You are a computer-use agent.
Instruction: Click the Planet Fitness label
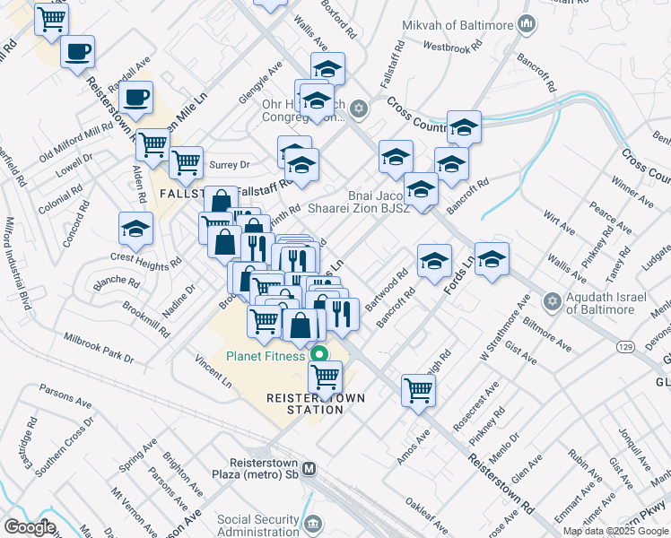tap(265, 356)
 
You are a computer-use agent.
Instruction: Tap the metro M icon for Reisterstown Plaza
tap(309, 468)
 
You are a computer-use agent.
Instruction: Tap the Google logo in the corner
tap(30, 526)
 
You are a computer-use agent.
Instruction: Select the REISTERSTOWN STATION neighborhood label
tap(305, 403)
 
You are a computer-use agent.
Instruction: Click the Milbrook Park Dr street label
tap(98, 347)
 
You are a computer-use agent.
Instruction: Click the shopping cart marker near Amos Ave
tap(418, 390)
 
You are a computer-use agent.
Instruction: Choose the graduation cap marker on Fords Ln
tap(492, 260)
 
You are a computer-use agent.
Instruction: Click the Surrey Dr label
tap(229, 165)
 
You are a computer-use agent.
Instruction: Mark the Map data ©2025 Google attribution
tap(615, 531)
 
